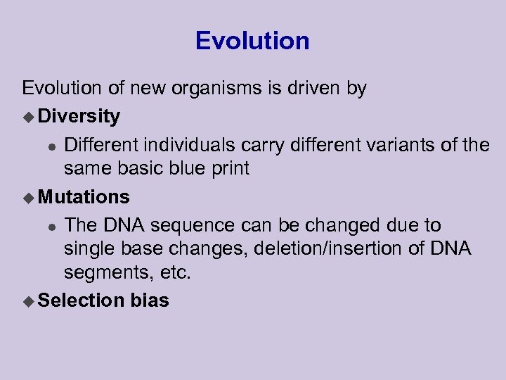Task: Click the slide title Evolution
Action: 252,41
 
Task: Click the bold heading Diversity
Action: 79,115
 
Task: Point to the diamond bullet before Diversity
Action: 28,115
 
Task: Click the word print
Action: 231,169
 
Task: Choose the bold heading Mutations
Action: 84,196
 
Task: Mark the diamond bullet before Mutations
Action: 28,196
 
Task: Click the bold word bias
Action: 149,300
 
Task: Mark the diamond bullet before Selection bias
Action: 28,300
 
